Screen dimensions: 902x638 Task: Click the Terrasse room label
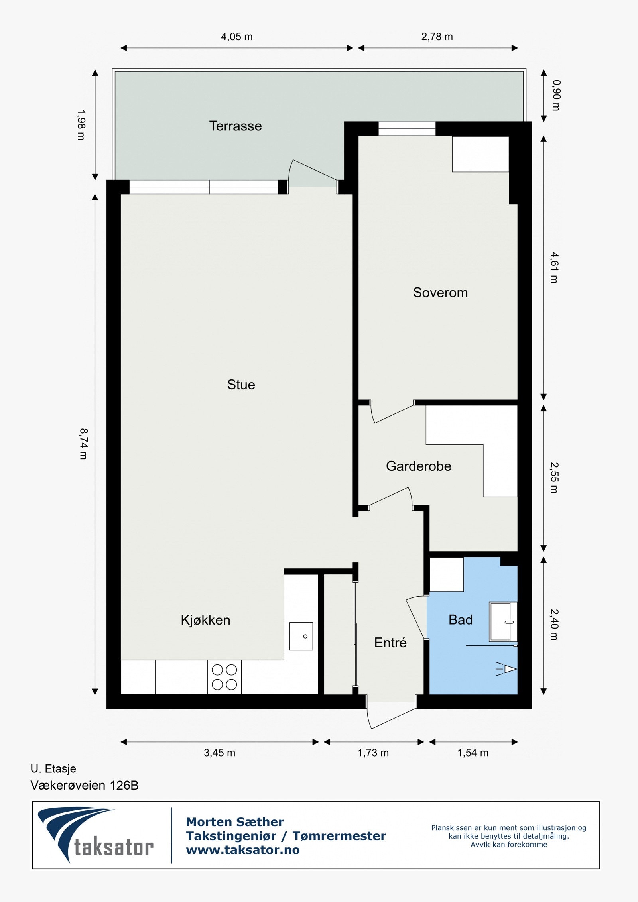pyautogui.click(x=235, y=126)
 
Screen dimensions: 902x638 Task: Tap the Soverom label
pyautogui.click(x=440, y=293)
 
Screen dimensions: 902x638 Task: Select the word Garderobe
pyautogui.click(x=418, y=466)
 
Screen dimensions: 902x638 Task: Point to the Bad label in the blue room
pyautogui.click(x=460, y=619)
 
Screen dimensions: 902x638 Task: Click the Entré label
pyautogui.click(x=390, y=642)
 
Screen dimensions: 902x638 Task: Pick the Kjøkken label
pyautogui.click(x=205, y=620)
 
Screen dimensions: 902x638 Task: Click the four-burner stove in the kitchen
pyautogui.click(x=224, y=677)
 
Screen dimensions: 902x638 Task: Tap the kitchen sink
pyautogui.click(x=301, y=636)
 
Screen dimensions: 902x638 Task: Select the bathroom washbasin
pyautogui.click(x=503, y=621)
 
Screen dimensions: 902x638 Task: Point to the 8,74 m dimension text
pyautogui.click(x=83, y=444)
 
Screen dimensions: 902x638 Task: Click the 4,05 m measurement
pyautogui.click(x=236, y=37)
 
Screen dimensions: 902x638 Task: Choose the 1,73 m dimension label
pyautogui.click(x=373, y=753)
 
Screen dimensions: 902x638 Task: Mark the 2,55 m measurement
pyautogui.click(x=554, y=478)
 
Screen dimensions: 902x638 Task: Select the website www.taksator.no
pyautogui.click(x=242, y=850)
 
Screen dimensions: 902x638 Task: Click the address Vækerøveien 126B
pyautogui.click(x=84, y=785)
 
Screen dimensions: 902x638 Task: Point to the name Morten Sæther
pyautogui.click(x=234, y=822)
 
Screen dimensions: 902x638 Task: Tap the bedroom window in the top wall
pyautogui.click(x=407, y=129)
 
